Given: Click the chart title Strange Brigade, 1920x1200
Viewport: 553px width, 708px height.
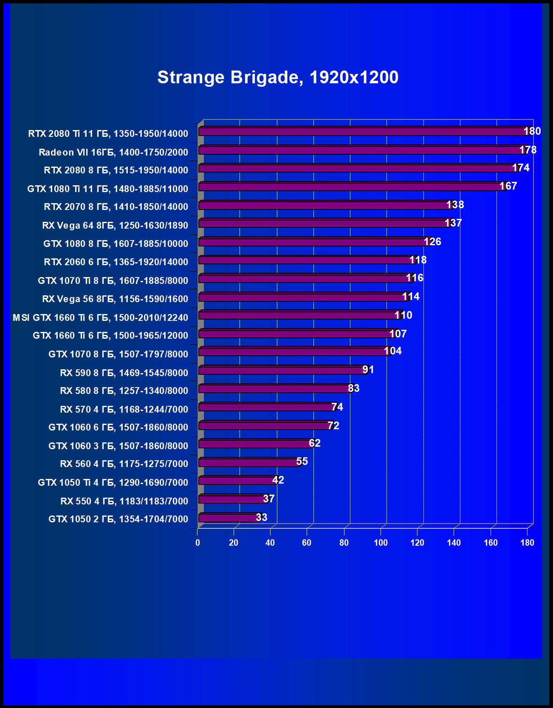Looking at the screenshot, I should click(278, 77).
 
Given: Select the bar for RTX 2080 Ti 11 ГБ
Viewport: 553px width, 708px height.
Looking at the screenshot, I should click(363, 132).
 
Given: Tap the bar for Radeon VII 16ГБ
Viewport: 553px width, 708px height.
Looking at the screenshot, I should click(361, 150).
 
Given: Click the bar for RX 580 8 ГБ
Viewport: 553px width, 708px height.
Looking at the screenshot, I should click(274, 389).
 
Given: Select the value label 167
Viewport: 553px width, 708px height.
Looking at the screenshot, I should click(508, 186).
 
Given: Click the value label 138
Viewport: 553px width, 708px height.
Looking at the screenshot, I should click(455, 205).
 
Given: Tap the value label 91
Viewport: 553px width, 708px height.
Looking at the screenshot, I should click(368, 370).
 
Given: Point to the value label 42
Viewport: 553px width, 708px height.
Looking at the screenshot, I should click(278, 480).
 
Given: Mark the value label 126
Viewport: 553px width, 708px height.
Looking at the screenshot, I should click(432, 242).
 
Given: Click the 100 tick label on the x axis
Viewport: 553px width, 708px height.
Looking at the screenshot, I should click(381, 543).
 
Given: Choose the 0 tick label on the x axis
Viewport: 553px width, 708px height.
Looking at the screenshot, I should click(198, 543).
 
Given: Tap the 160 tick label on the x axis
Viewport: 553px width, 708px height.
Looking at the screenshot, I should click(491, 543).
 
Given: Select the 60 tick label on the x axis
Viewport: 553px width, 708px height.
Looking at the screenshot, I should click(307, 543).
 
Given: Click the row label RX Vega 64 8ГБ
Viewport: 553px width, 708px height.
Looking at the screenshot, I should click(115, 225).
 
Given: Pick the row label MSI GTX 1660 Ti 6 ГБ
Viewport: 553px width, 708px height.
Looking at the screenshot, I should click(101, 317).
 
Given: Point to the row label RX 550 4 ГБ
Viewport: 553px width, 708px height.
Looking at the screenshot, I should click(124, 501).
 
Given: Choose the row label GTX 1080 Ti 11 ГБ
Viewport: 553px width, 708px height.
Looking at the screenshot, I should click(108, 189).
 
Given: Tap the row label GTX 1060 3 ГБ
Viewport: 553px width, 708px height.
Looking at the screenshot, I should click(118, 446).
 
